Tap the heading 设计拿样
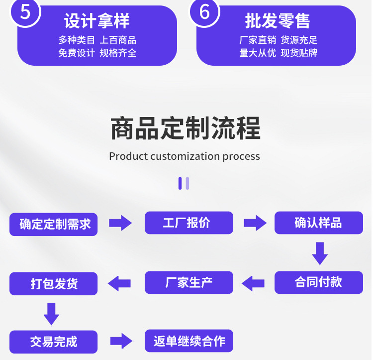coord(97,21)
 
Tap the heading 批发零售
coord(277,21)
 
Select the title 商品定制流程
coord(185,128)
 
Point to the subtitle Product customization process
coord(185,156)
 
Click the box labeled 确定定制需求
coord(54,224)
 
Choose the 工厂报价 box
coord(189,223)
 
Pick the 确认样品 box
coord(318,223)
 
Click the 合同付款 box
coord(318,282)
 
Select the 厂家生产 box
coord(189,282)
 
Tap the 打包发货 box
coord(54,284)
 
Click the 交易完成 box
coord(54,342)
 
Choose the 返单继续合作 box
coord(189,341)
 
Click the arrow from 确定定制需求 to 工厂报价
coord(120,223)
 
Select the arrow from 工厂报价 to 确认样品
coord(255,223)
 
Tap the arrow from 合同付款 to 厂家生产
coord(253,283)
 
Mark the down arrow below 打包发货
coord(52,313)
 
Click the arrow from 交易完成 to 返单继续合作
coord(121,341)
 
